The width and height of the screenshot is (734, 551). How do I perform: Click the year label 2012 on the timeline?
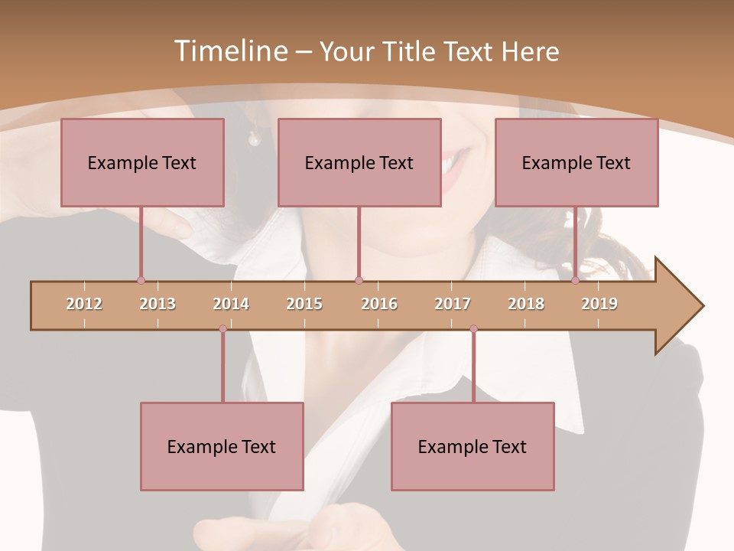coord(84,304)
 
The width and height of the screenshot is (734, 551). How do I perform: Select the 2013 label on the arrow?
coord(158,304)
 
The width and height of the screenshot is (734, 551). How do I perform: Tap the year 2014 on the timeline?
coord(231,304)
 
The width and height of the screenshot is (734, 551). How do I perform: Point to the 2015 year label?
coord(304,304)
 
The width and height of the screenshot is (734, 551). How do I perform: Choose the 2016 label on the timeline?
coord(379,304)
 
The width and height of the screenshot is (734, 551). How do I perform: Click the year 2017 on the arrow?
coord(453,304)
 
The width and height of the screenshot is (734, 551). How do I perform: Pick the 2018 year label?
coord(526,304)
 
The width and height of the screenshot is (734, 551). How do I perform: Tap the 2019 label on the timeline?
coord(599,304)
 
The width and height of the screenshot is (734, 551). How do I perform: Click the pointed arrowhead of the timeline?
coord(680,306)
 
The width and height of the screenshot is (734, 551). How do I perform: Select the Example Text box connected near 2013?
coord(142,162)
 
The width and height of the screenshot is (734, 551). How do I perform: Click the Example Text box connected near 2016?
coord(359,162)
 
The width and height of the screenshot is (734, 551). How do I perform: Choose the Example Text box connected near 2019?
coord(576,162)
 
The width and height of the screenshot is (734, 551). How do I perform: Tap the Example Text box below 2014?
coord(222,446)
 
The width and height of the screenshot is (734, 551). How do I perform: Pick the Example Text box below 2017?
coord(473,446)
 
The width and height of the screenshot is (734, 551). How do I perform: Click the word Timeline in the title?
coord(230,51)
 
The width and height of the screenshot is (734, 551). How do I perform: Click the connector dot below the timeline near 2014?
coord(222,328)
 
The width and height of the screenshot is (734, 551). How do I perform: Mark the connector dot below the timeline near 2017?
coord(473,328)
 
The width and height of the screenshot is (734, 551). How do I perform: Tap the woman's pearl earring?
coord(254,139)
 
